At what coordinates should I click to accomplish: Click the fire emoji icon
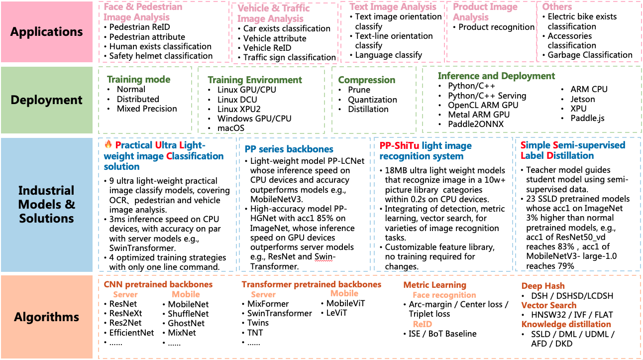tap(108, 145)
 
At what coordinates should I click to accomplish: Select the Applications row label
tap(46, 32)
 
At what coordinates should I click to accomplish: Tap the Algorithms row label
tap(46, 317)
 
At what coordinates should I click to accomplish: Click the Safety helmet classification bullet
tap(161, 56)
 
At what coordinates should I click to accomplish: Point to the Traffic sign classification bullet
tap(289, 57)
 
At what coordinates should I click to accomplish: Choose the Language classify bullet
tap(388, 55)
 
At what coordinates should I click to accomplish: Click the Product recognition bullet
tap(496, 27)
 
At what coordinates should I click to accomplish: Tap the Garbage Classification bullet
tap(590, 55)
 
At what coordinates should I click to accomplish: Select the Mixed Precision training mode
tap(147, 109)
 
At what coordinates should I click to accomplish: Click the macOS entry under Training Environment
tap(230, 128)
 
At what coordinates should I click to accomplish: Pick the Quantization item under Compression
tap(372, 100)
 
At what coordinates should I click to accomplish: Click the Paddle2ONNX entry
tap(475, 124)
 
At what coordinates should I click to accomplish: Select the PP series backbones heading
tap(289, 149)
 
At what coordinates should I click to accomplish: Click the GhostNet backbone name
tap(186, 323)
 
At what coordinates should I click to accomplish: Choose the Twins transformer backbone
tap(258, 323)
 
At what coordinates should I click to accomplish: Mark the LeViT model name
tap(336, 313)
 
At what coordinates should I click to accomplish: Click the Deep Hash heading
tap(543, 286)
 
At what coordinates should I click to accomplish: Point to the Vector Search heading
tap(549, 305)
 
